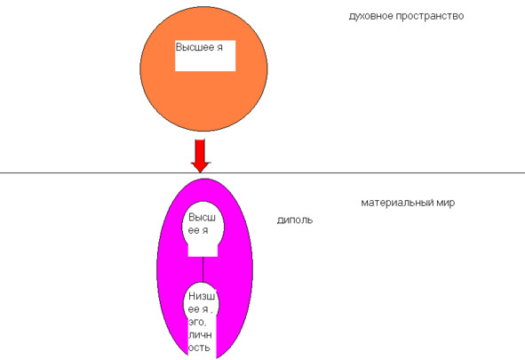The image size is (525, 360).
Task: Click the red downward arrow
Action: (x=200, y=156)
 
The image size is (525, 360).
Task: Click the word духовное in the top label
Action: (x=371, y=16)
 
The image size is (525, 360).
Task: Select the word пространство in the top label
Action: (x=430, y=16)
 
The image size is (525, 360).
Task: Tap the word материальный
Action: (x=397, y=203)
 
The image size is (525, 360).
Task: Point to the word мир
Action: (x=446, y=203)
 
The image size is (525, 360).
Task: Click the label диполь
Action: (x=295, y=220)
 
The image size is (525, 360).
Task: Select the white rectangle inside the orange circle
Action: (x=205, y=56)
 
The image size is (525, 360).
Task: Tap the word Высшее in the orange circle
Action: (x=195, y=47)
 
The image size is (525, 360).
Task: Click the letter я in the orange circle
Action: (x=219, y=48)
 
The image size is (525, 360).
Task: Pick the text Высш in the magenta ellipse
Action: (x=202, y=218)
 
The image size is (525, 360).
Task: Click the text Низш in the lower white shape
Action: (x=202, y=296)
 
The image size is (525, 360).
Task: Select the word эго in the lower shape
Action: (x=197, y=323)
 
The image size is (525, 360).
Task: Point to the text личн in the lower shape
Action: (x=200, y=335)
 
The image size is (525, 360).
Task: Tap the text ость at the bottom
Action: (x=199, y=348)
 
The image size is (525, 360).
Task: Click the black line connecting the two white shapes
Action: (x=203, y=270)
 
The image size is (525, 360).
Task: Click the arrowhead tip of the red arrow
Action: (x=200, y=172)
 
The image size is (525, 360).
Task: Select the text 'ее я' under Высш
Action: (x=198, y=230)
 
